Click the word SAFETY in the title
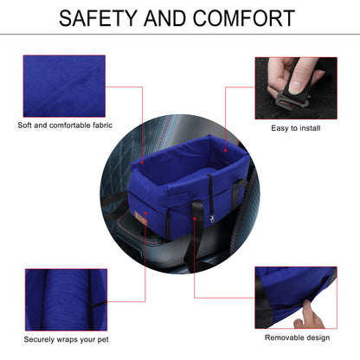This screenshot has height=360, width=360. coord(98,18)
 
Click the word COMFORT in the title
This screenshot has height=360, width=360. coord(244,18)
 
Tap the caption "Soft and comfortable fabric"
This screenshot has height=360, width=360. coord(65,125)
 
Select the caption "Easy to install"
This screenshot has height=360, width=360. coord(296,128)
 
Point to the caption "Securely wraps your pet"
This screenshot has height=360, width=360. coord(67,339)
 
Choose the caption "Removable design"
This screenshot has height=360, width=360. coord(298,337)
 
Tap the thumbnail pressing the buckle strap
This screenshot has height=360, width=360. coord(296,88)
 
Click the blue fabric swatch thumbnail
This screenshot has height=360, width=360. coord(64,86)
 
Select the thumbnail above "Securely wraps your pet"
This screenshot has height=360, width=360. coord(67,299)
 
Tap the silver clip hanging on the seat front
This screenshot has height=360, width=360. coord(212,219)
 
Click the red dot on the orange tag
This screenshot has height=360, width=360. coord(145,214)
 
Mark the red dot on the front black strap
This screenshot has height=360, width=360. coord(195,219)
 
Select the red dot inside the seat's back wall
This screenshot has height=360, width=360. coord(225,151)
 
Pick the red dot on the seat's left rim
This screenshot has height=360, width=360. coord(142,163)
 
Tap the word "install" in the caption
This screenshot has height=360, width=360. coord(309,128)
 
